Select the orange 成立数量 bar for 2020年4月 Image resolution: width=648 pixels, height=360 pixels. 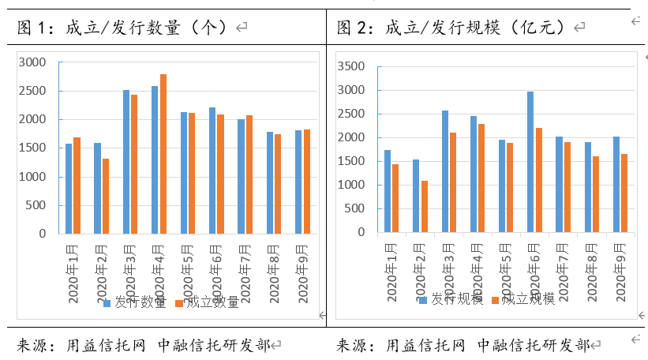click(163, 154)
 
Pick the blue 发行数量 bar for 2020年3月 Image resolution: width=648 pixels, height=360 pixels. click(126, 162)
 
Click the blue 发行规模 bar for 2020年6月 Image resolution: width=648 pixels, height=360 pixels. click(530, 162)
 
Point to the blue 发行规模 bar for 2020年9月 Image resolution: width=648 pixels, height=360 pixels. click(616, 185)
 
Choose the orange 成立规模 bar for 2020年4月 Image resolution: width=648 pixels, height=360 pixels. click(481, 178)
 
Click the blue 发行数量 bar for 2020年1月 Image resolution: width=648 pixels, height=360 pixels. click(69, 189)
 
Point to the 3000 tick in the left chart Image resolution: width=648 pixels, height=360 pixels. click(32, 62)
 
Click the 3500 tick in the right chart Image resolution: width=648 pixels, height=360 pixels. click(350, 66)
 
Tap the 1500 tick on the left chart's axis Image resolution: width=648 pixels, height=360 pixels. click(32, 148)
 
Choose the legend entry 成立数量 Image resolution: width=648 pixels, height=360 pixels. click(208, 302)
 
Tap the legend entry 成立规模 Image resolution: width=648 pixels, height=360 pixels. click(524, 299)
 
